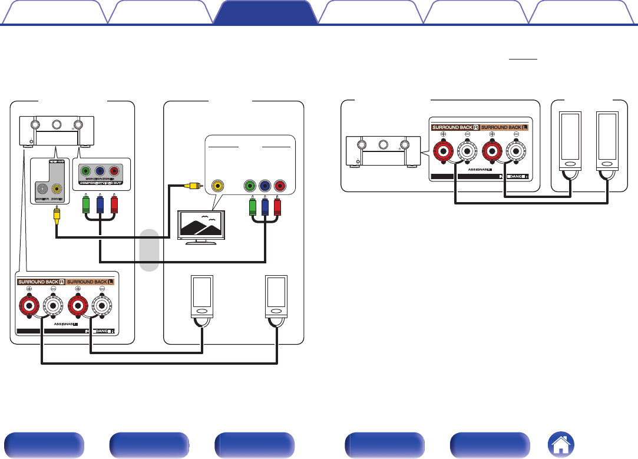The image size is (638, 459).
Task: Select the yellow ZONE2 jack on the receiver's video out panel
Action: [57, 189]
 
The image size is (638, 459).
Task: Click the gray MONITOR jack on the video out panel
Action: [41, 189]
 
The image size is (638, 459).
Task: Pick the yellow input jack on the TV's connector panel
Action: [218, 186]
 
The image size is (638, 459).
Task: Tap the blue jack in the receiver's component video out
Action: [101, 172]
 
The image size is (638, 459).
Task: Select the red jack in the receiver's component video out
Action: [114, 172]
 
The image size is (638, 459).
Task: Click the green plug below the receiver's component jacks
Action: [87, 204]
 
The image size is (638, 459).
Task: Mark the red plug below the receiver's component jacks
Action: [114, 204]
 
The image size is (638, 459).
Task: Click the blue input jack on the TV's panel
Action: [265, 186]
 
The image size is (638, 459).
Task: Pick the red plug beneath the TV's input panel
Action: [279, 206]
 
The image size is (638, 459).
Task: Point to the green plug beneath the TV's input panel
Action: [252, 206]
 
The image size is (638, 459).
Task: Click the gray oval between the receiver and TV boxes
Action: [150, 250]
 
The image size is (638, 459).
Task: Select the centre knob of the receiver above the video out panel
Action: [57, 125]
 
